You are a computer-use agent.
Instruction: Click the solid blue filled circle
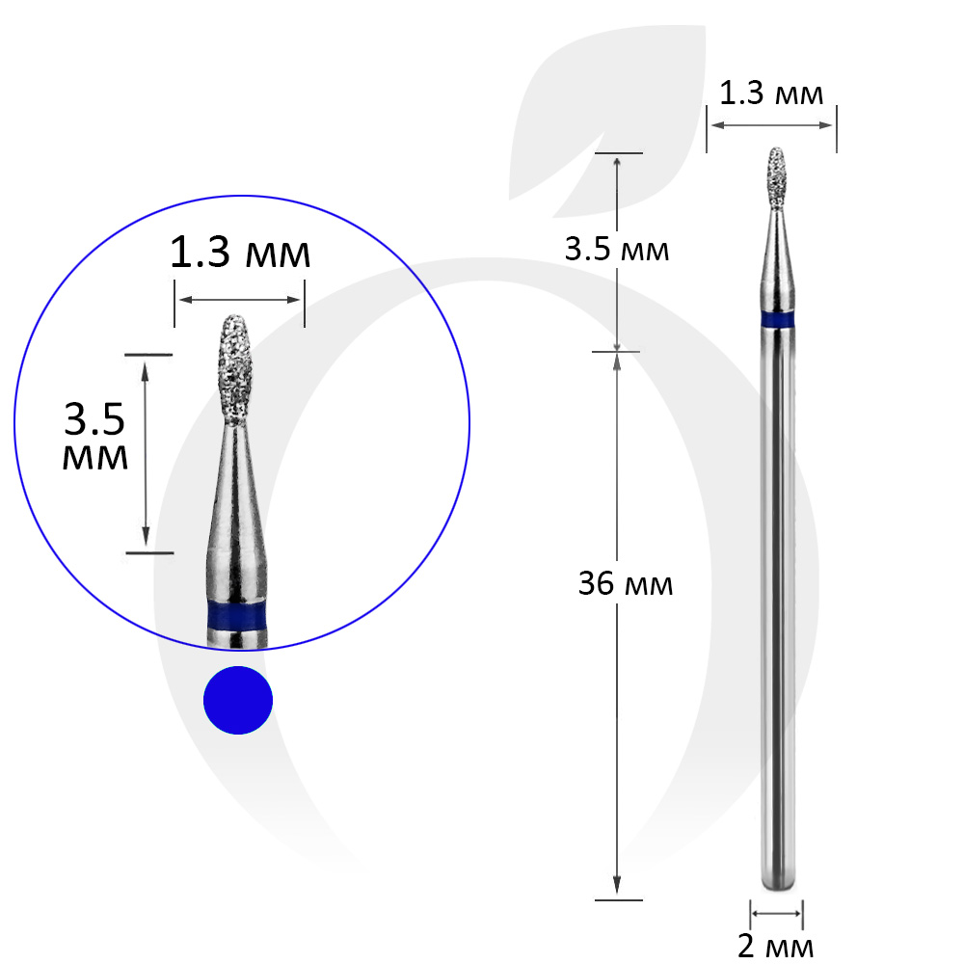(x=238, y=700)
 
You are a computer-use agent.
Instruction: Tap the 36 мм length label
(x=626, y=583)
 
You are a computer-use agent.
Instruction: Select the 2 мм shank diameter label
(x=775, y=946)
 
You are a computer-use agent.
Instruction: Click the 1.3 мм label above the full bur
(x=771, y=94)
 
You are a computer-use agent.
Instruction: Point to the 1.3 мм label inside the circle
(x=240, y=253)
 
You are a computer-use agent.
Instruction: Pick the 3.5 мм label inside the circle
(x=95, y=436)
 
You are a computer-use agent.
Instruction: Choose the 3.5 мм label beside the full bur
(x=617, y=249)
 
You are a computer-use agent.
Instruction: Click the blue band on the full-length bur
(x=777, y=320)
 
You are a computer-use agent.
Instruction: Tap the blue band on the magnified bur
(x=237, y=615)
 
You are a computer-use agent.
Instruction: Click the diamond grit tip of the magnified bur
(x=235, y=370)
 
